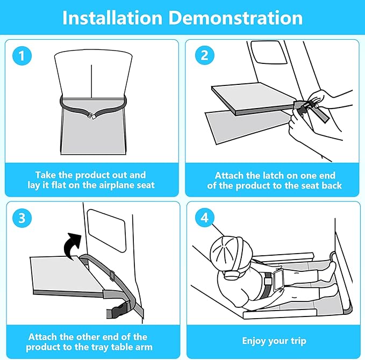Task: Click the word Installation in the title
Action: point(112,18)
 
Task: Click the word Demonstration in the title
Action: point(235,18)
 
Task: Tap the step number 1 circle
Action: point(22,56)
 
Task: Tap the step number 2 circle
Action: point(205,55)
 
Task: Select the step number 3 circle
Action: point(22,218)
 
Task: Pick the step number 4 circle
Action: point(205,218)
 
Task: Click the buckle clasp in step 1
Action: point(90,115)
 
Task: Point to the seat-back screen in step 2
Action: point(269,52)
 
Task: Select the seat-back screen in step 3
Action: point(106,231)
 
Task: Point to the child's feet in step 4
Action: point(330,271)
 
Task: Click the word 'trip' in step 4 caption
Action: point(299,341)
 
